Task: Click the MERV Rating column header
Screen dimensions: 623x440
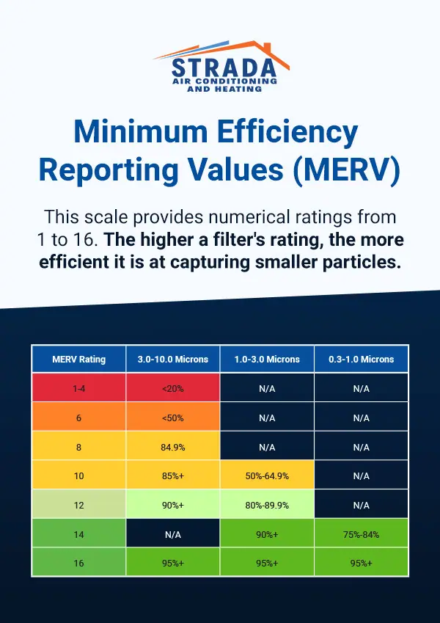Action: [x=79, y=359]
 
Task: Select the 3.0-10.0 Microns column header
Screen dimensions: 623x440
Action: [x=173, y=359]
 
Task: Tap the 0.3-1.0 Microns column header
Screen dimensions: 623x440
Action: [x=361, y=359]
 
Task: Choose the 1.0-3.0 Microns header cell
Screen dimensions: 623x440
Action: [x=267, y=359]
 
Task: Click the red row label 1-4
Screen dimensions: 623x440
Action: [x=79, y=388]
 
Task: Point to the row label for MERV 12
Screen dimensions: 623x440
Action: [x=79, y=505]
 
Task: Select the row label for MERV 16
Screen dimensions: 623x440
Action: [x=79, y=563]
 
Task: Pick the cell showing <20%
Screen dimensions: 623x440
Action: [x=173, y=388]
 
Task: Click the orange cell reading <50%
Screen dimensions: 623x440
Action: [x=173, y=418]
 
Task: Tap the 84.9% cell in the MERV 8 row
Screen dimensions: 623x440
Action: [x=173, y=447]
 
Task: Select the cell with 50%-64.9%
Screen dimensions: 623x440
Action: [x=267, y=476]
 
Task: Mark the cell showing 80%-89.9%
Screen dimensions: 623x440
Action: [x=267, y=505]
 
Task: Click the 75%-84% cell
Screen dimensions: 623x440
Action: [x=361, y=534]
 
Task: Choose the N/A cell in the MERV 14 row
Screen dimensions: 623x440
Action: [x=173, y=534]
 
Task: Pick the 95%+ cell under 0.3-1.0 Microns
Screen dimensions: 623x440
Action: [x=361, y=563]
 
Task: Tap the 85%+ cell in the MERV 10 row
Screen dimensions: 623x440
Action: [x=173, y=476]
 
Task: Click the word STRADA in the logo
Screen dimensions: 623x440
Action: [x=223, y=68]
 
